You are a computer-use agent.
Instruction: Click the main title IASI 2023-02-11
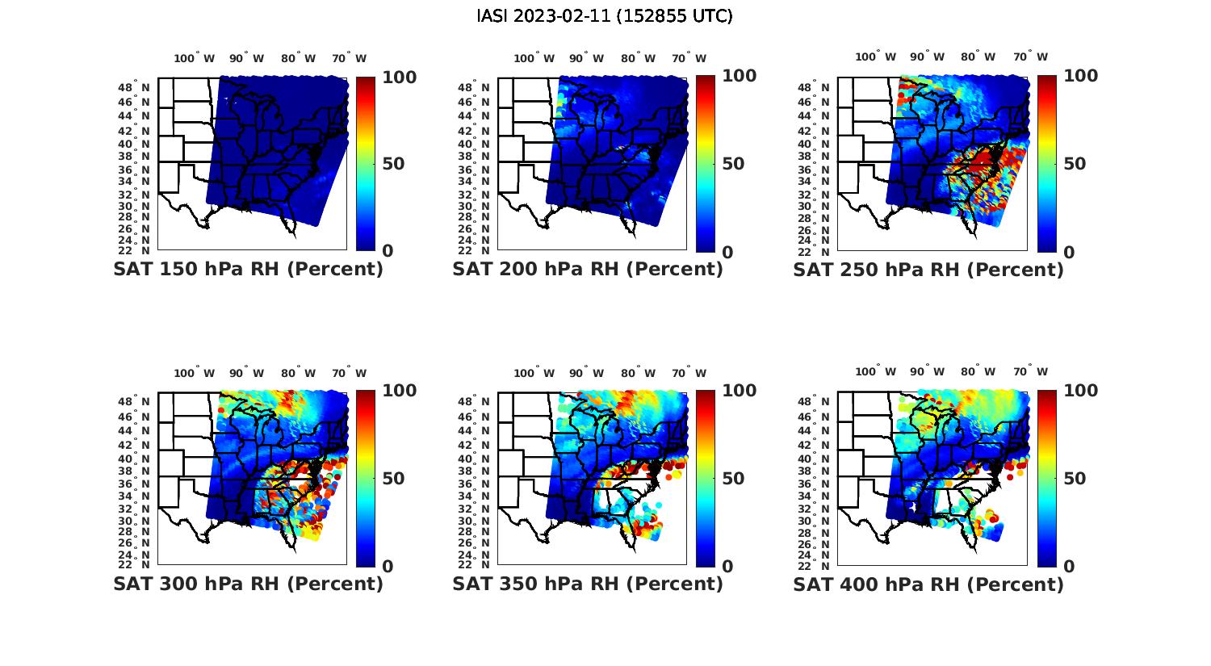click(x=605, y=16)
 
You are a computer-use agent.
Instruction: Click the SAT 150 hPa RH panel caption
click(x=248, y=270)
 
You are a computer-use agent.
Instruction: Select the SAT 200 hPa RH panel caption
click(x=588, y=270)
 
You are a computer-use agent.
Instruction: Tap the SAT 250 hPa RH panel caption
click(x=928, y=270)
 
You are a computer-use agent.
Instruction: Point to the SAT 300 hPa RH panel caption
click(x=248, y=584)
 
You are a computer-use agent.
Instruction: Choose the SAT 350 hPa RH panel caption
click(x=588, y=584)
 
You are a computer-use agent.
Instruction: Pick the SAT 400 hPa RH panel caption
click(x=928, y=584)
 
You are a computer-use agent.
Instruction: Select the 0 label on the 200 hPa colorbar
click(x=728, y=252)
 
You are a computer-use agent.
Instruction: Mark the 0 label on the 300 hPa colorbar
click(x=388, y=567)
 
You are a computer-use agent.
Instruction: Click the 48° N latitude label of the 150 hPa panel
click(x=134, y=87)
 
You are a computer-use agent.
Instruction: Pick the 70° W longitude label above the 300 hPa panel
click(x=349, y=373)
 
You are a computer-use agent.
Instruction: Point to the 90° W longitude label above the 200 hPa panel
click(x=587, y=58)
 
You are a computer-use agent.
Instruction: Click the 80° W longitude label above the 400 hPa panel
click(x=978, y=372)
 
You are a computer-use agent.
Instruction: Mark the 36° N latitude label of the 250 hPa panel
click(x=814, y=170)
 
